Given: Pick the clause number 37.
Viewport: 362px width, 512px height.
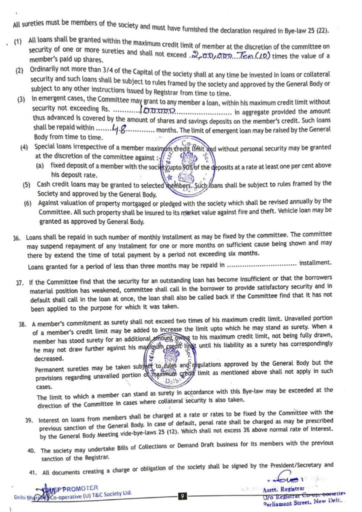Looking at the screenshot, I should (x=20, y=283).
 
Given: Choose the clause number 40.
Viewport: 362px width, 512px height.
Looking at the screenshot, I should (x=31, y=450).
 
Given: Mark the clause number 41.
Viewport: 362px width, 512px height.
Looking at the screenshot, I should (x=31, y=472).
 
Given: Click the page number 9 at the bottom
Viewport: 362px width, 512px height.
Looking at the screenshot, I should (x=183, y=496).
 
